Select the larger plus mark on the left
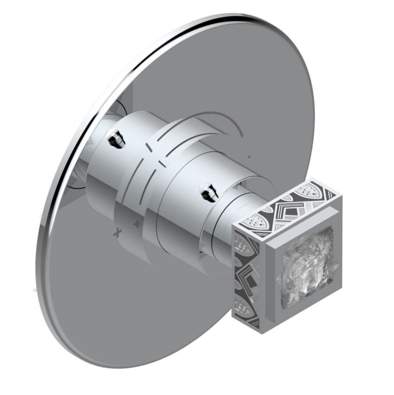coord(117,233)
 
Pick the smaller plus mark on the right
coord(137,224)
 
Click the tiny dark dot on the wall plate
coord(249,157)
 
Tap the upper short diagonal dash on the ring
coord(149,147)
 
